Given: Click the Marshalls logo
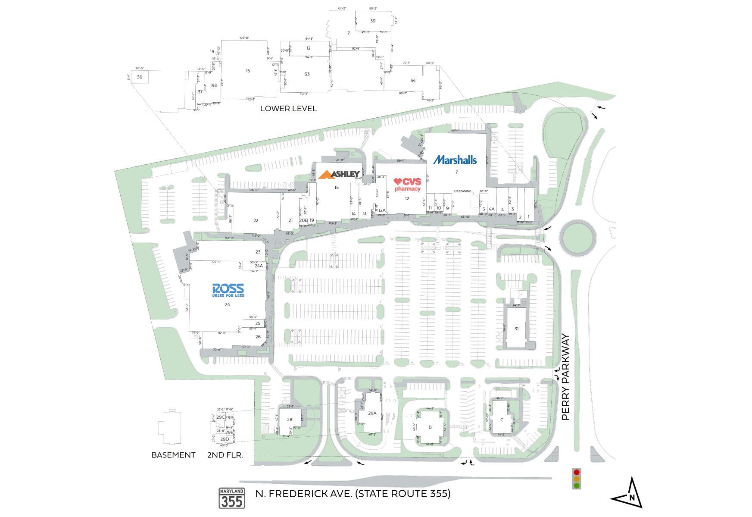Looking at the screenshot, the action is pos(455,160).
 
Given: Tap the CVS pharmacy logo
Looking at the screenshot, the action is pos(407,185).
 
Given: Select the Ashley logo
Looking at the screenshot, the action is pos(340,174).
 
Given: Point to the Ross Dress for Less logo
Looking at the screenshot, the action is pos(228,290).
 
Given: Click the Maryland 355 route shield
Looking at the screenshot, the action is pos(232,498).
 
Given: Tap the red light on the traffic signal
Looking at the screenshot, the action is pos(577,472).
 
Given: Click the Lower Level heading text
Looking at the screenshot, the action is pos(288,108).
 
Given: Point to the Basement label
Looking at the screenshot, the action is pos(173,455).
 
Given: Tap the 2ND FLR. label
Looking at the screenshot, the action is pos(225,455).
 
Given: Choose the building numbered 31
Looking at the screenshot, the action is pos(516,329).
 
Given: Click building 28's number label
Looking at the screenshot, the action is pos(290,420).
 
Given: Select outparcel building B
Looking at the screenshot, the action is pos(430,427).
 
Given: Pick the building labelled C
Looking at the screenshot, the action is pos(502,420).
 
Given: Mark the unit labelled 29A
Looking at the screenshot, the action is pos(372,413).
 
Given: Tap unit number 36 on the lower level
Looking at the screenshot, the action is pos(140,77).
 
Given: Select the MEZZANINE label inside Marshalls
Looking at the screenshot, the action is pos(462,191).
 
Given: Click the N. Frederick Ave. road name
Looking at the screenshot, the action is pos(353,493).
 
